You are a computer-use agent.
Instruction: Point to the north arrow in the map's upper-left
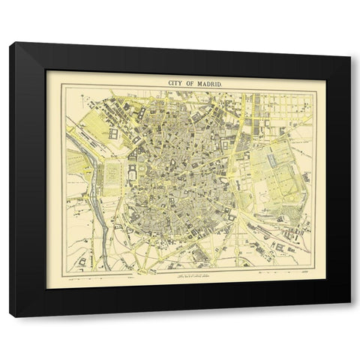(75, 101)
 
